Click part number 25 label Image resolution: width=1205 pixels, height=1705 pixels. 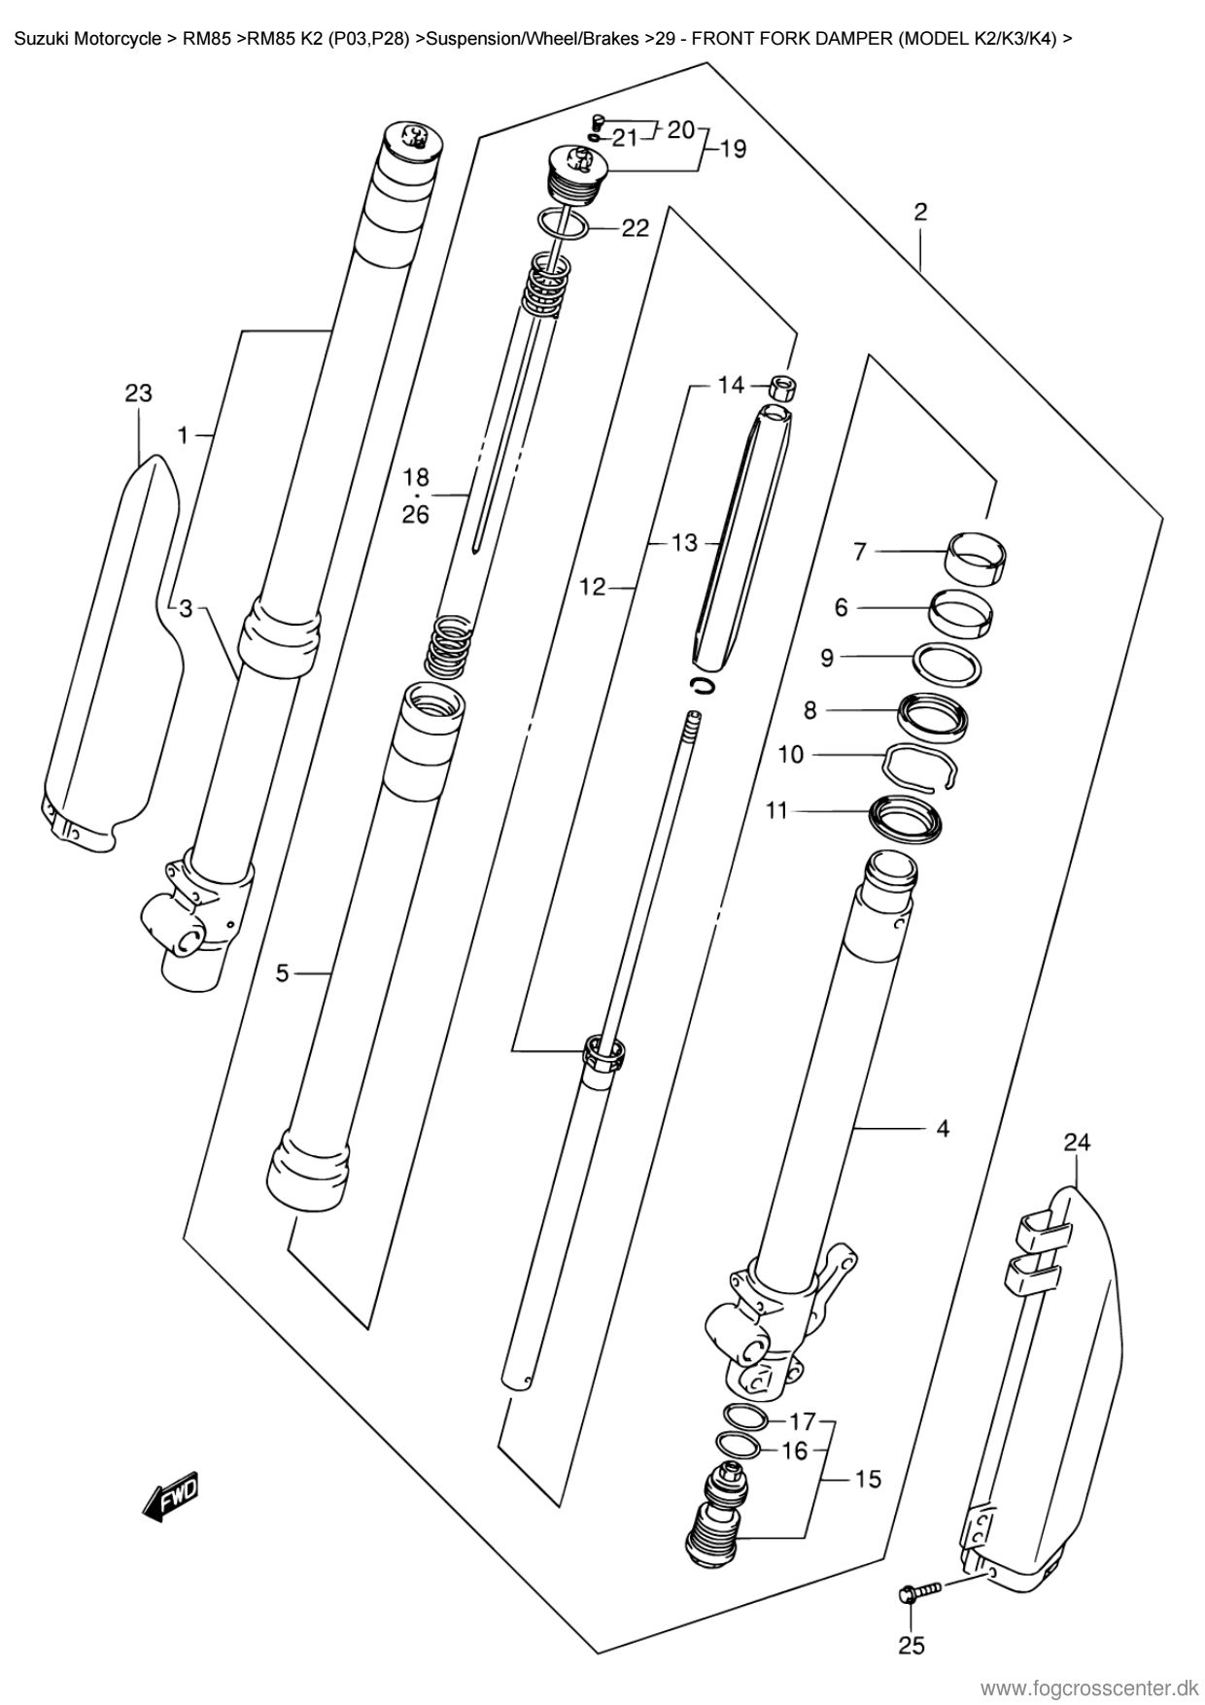click(911, 1645)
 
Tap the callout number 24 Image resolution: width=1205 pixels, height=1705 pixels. click(1076, 1142)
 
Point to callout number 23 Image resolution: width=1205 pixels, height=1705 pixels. click(139, 393)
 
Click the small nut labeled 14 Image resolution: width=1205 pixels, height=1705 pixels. click(784, 388)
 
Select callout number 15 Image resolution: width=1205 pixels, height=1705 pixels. click(868, 1480)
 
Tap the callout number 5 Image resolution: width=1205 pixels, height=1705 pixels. click(283, 972)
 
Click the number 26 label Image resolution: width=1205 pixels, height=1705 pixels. click(416, 514)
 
